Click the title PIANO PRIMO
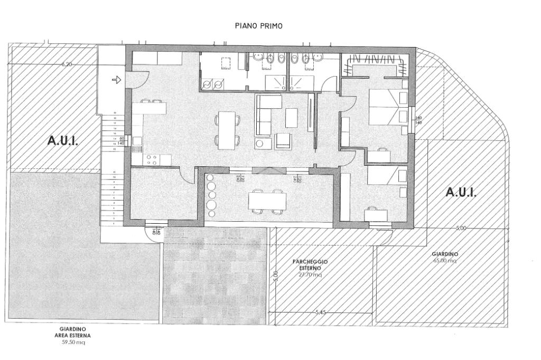click(x=259, y=25)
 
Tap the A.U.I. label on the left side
click(x=63, y=141)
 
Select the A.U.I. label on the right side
click(x=461, y=192)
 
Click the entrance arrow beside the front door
click(x=117, y=80)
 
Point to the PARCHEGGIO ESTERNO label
click(x=311, y=264)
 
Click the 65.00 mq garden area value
click(x=445, y=261)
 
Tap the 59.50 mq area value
click(x=73, y=343)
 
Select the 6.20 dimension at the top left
click(x=67, y=64)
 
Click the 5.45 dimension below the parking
click(x=320, y=312)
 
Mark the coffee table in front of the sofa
click(x=292, y=118)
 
